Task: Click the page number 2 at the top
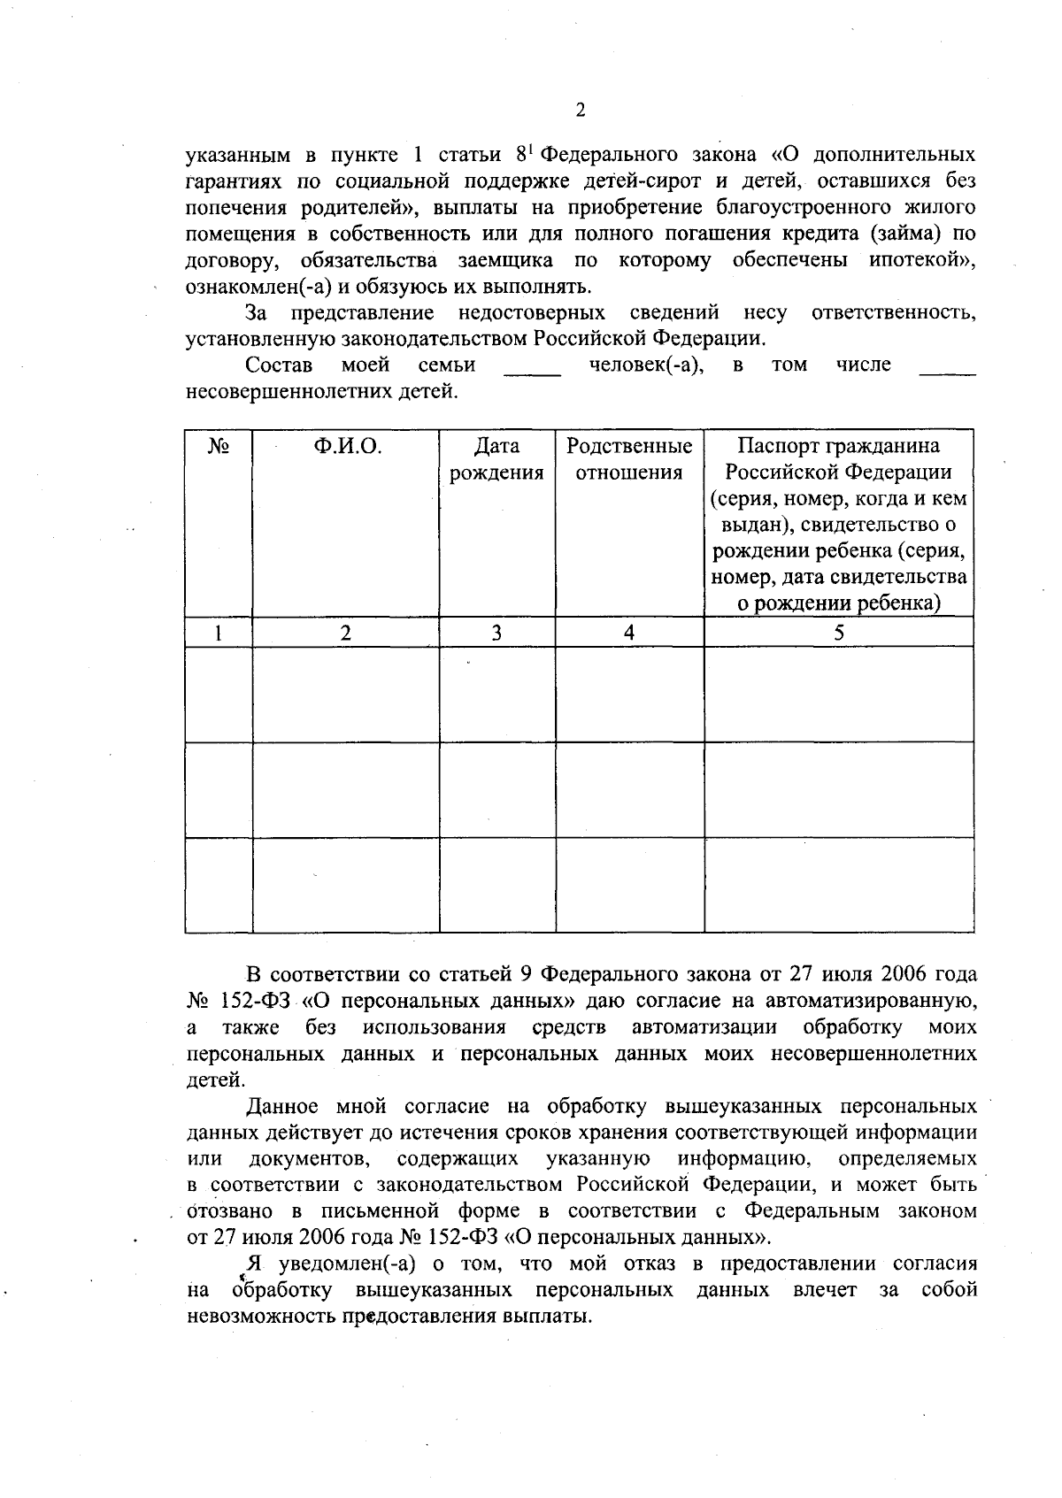581,111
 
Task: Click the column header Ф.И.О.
346,446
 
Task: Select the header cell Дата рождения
496,459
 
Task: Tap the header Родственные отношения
629,459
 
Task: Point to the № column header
219,446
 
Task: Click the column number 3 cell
496,633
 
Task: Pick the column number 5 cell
838,633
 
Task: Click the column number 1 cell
219,633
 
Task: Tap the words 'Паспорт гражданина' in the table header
838,446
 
